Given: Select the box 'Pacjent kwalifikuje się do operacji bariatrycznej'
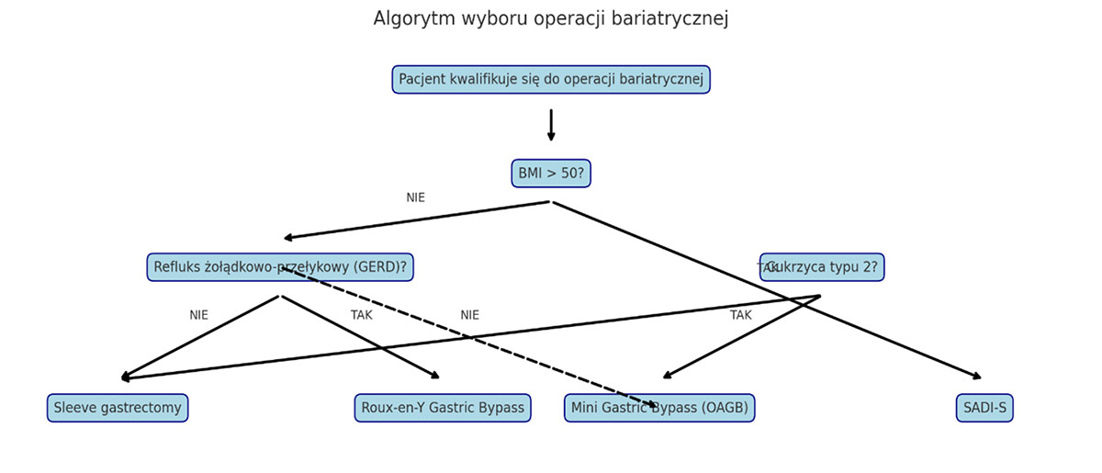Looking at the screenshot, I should click(551, 80).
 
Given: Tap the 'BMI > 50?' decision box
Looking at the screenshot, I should click(551, 174).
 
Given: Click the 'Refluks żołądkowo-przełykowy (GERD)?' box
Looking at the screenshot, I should click(280, 267).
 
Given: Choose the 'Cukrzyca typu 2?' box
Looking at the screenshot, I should click(823, 267).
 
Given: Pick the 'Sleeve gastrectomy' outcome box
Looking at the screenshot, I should click(118, 408).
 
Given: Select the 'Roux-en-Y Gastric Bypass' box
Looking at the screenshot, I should click(443, 408).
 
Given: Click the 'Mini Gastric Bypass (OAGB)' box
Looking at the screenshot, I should click(659, 408).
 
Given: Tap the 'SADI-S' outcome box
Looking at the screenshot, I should click(984, 408).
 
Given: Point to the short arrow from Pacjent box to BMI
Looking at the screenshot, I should click(551, 125).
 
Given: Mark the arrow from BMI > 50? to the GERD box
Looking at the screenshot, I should click(418, 220).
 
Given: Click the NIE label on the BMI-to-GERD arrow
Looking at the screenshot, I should click(416, 197).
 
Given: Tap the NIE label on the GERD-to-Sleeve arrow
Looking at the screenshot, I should click(198, 315).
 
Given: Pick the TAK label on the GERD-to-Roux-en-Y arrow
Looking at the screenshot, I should click(362, 315).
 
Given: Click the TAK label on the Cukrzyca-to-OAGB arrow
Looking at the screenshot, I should click(741, 315).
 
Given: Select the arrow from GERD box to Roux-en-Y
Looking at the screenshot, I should click(360, 337).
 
